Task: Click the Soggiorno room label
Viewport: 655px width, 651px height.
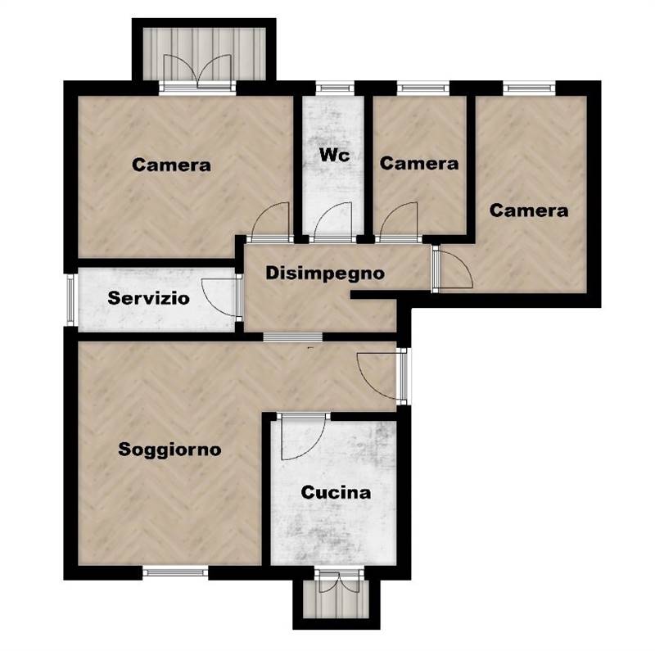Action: point(169,450)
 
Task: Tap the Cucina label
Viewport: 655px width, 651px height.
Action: point(336,493)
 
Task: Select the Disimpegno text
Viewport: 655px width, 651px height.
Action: point(325,274)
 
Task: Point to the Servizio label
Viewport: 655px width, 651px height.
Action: point(149,298)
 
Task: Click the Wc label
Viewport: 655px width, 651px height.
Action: point(334,155)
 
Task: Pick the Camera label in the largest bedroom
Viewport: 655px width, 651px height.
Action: point(171,165)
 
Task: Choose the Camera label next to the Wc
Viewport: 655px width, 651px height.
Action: point(419,164)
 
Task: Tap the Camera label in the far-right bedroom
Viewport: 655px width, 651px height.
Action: point(529,210)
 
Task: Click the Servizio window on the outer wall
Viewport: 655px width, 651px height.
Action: point(70,300)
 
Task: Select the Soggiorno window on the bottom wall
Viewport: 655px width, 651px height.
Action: point(175,572)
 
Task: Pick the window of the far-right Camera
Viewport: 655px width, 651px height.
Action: point(529,88)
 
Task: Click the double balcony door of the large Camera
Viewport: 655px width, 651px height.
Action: point(197,72)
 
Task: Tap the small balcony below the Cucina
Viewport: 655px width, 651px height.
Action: point(337,599)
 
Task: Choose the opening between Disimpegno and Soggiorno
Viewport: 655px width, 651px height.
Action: point(293,337)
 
